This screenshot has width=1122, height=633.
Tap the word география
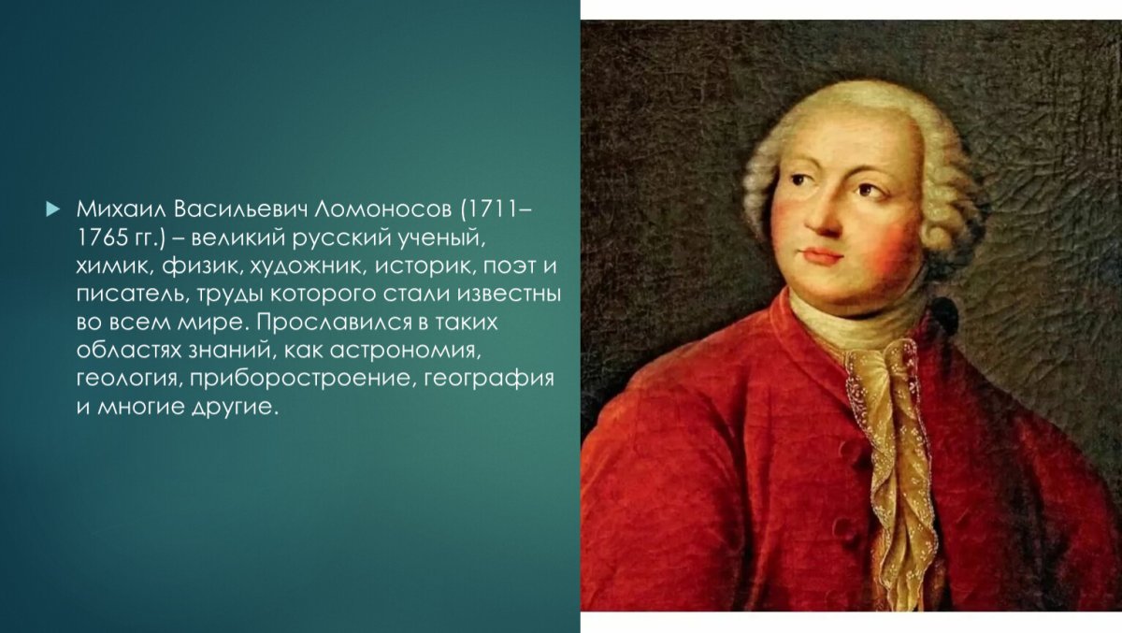pyautogui.click(x=489, y=381)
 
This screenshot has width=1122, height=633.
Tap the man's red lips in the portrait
pyautogui.click(x=823, y=254)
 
